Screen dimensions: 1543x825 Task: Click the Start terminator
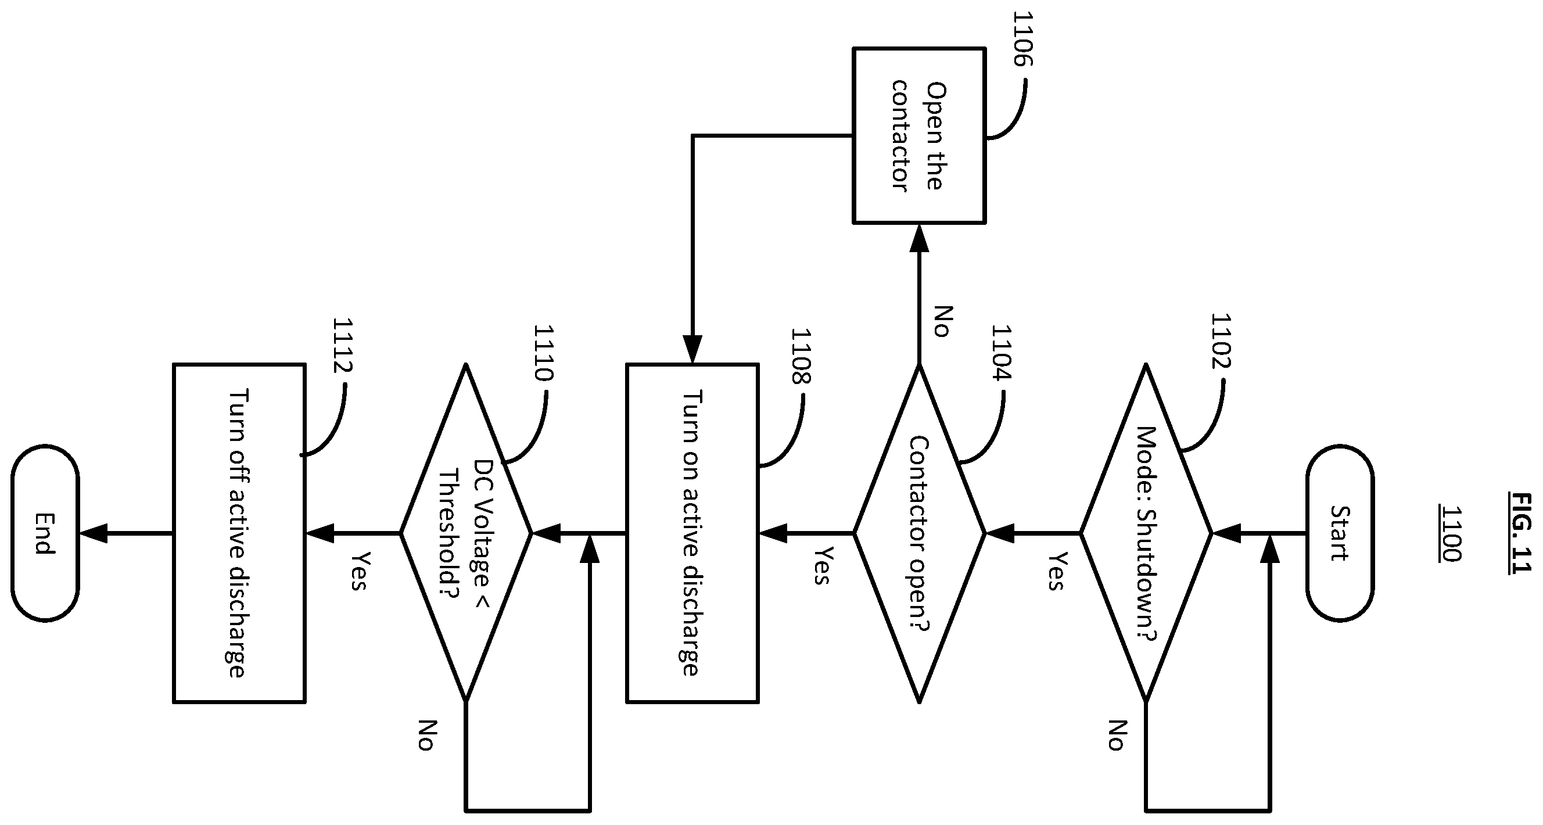point(1340,533)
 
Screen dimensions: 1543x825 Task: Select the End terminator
point(45,533)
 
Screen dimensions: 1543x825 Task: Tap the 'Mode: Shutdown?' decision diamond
point(1146,533)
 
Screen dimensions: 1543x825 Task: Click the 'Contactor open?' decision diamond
point(919,533)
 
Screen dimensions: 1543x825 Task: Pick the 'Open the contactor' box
point(919,135)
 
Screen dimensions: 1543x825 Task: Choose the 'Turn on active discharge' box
point(692,533)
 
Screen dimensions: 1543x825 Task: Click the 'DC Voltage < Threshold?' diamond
point(465,533)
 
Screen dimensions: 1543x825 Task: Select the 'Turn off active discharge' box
point(239,533)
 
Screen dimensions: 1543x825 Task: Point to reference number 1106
point(1022,38)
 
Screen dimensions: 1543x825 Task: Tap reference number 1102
point(1220,341)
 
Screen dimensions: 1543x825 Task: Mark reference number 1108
point(801,356)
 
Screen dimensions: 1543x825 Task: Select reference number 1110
point(543,353)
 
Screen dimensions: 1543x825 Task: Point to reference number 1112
point(342,346)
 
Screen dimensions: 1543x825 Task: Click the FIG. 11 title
point(1522,533)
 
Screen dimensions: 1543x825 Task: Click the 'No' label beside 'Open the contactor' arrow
point(943,321)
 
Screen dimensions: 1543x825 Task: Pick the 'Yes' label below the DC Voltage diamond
point(358,571)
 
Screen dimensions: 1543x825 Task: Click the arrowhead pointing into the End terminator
point(94,533)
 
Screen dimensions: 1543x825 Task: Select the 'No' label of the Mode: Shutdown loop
point(1115,735)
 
